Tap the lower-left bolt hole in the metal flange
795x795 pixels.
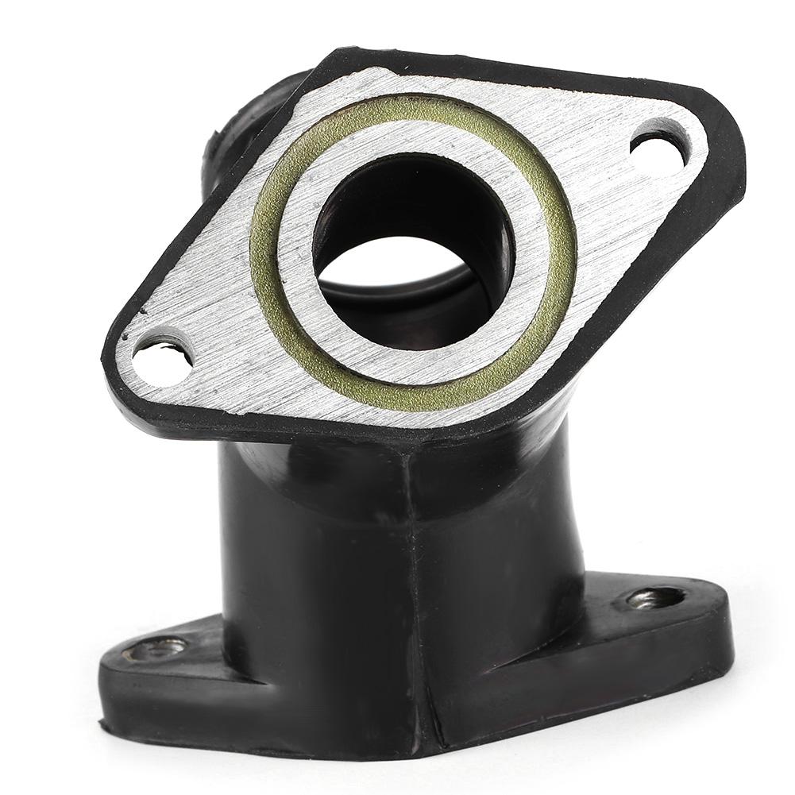(162, 358)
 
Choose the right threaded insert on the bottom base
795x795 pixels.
(655, 597)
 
